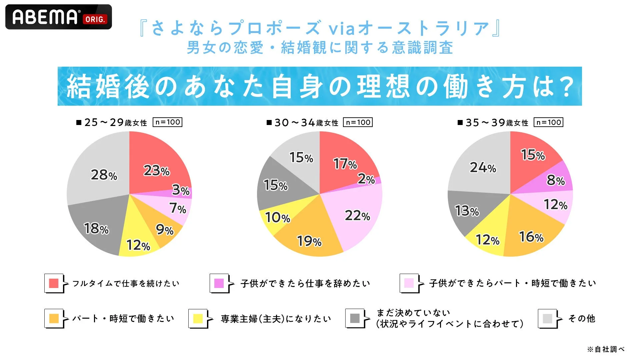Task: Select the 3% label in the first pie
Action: (x=181, y=190)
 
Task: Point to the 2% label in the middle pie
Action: (x=366, y=179)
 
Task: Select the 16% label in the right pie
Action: (x=531, y=237)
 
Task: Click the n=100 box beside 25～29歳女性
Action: (x=167, y=122)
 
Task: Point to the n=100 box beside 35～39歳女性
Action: (x=548, y=122)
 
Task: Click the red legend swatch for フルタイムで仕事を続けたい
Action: (x=54, y=283)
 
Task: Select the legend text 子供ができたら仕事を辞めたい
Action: (x=305, y=283)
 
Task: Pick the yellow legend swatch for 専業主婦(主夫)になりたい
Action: (x=198, y=318)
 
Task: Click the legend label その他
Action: (x=582, y=318)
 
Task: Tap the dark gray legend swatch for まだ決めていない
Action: (x=355, y=318)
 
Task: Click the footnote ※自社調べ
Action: (x=606, y=349)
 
